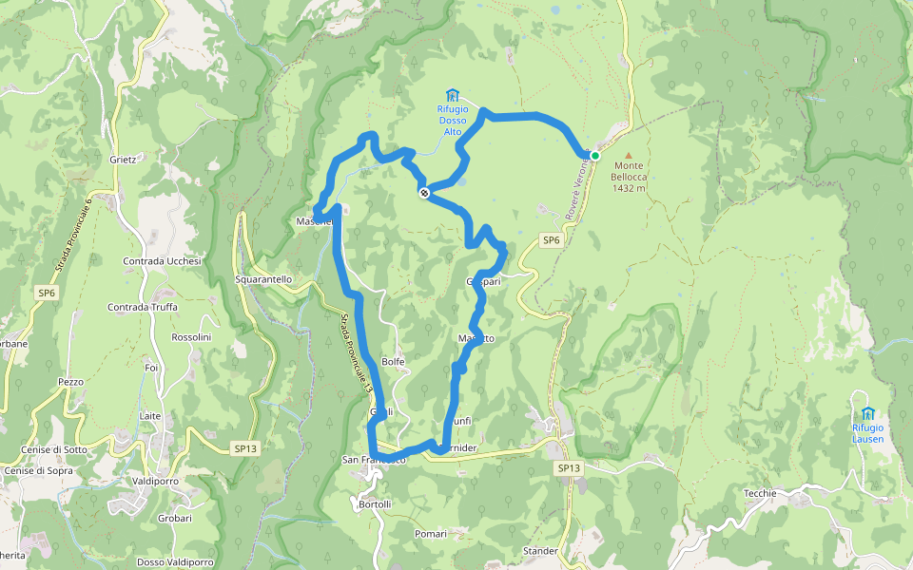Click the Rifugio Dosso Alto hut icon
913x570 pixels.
pos(453,95)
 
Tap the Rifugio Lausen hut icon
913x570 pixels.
pos(867,413)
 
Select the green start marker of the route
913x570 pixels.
pos(595,156)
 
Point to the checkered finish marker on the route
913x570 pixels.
pos(424,193)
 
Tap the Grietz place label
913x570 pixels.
pos(124,160)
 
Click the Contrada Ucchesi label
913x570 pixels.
pos(162,261)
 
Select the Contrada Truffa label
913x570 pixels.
pos(143,307)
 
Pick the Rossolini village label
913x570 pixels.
pos(190,337)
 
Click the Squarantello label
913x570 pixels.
pos(263,279)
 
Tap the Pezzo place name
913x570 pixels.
pos(70,382)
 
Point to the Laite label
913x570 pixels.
pos(150,416)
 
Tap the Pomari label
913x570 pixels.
pos(431,534)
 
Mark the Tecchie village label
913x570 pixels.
pos(760,493)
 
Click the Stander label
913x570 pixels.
pos(540,551)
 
